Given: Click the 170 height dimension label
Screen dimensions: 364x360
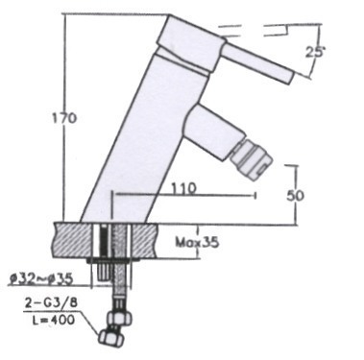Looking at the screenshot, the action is point(64,118).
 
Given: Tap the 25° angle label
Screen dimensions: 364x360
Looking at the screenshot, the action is point(315,52).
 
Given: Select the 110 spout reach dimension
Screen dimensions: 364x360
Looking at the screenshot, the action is point(182,188).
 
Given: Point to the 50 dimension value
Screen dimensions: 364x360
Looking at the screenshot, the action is point(295,196).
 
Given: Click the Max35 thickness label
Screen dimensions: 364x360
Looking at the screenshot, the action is point(197,243).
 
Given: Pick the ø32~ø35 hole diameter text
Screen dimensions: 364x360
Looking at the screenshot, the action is point(40,278).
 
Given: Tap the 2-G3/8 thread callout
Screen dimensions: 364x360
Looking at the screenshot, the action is point(51,303).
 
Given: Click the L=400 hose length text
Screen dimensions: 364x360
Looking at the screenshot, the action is point(54,319).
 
